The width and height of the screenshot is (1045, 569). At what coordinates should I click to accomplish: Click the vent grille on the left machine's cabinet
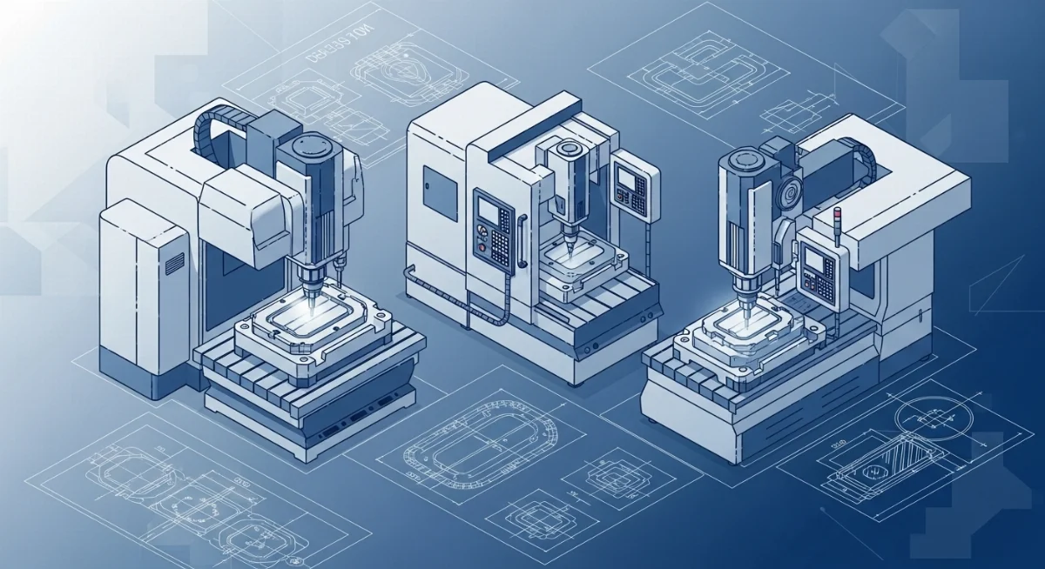pyautogui.click(x=174, y=261)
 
